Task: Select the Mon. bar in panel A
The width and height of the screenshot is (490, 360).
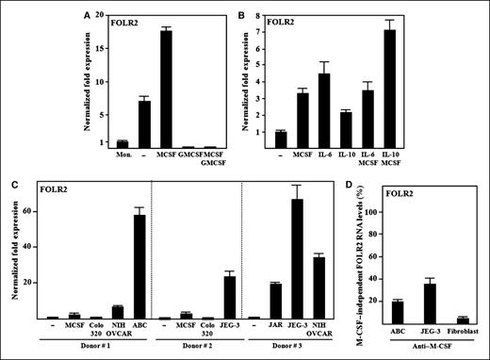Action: (95, 144)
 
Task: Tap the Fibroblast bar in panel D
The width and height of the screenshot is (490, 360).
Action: (462, 321)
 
